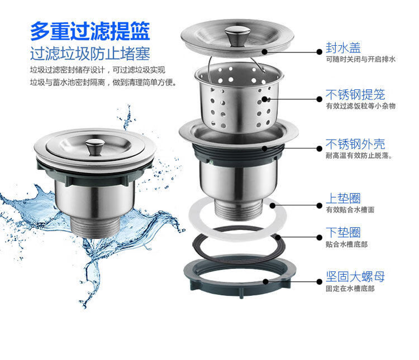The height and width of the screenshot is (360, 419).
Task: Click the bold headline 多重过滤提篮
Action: [90, 31]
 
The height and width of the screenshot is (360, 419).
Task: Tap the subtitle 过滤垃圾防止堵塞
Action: [90, 54]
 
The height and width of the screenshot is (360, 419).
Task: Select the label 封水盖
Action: [343, 48]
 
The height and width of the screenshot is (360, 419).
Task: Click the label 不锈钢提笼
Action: [355, 94]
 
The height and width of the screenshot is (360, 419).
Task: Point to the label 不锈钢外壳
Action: [355, 144]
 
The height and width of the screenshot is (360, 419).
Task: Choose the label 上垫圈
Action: [343, 199]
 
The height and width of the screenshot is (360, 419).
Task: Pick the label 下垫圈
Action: [343, 232]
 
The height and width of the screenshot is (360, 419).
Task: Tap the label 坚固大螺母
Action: [355, 277]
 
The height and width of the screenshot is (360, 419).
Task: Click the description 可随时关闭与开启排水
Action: [360, 59]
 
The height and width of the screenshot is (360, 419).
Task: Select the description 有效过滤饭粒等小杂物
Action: [360, 106]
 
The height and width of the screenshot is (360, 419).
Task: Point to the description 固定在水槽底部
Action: [350, 289]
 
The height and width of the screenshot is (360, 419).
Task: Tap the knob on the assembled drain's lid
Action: [95, 147]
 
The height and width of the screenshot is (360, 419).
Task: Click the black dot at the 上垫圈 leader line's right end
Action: [320, 205]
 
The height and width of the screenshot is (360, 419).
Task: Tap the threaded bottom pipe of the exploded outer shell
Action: [237, 211]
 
